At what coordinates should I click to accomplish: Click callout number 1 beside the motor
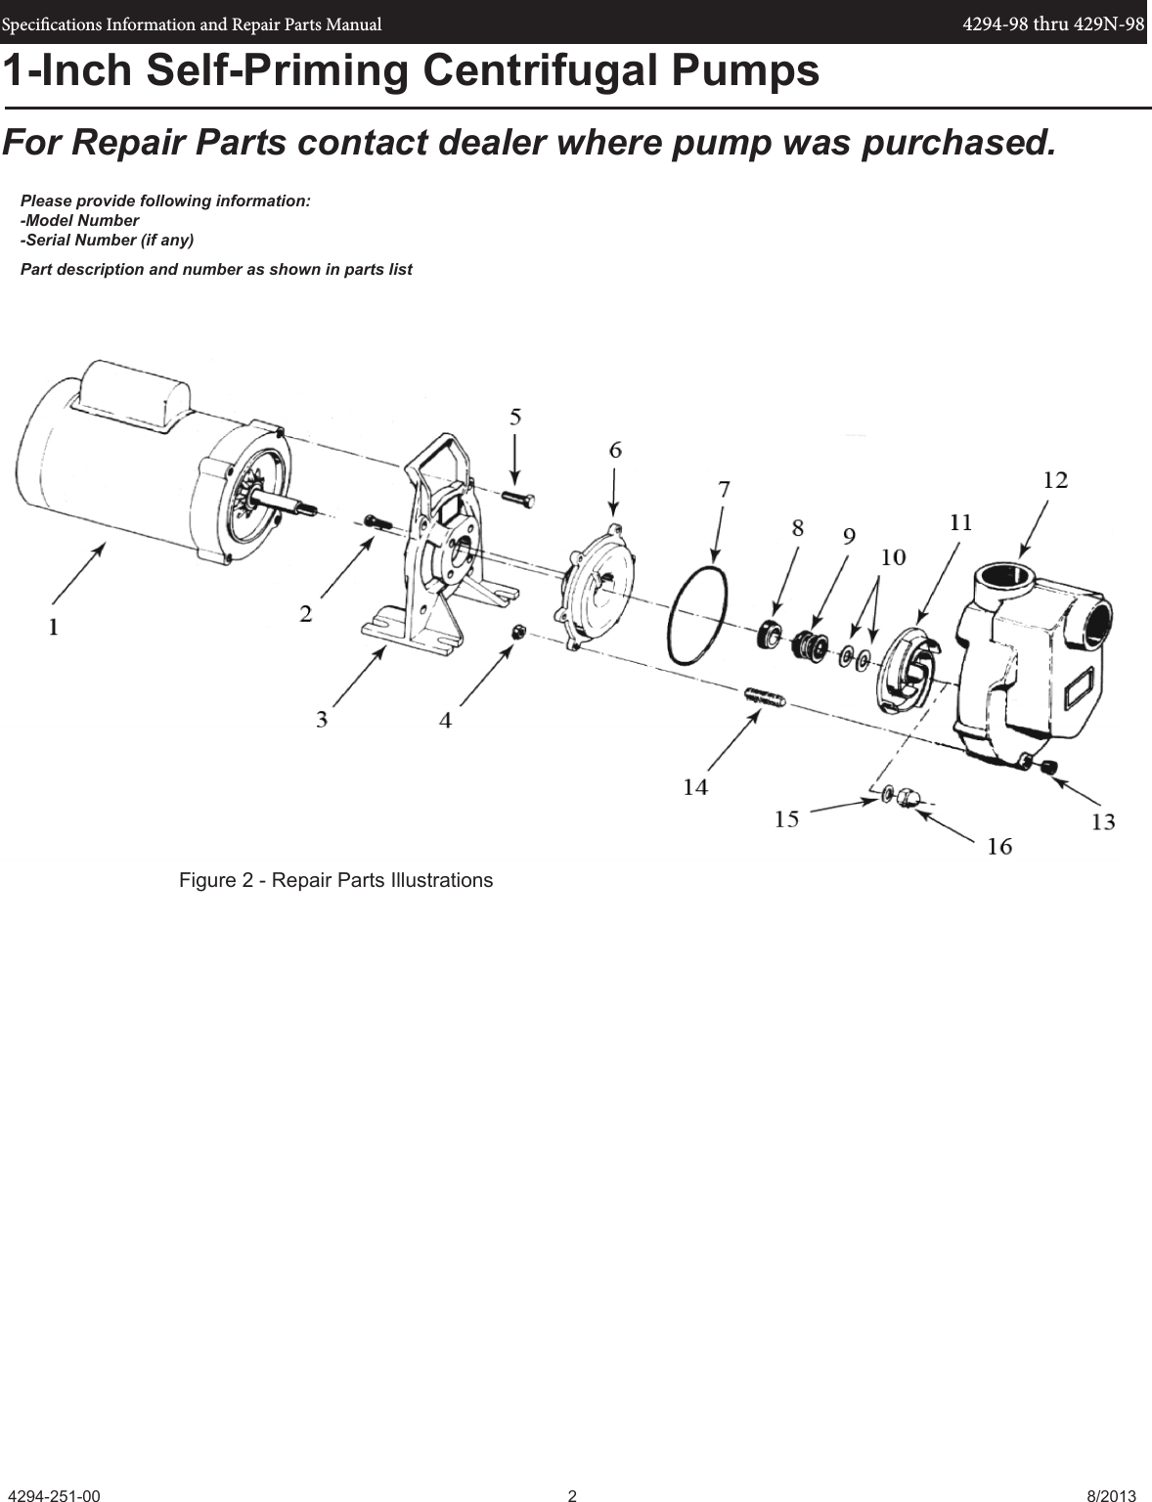54,626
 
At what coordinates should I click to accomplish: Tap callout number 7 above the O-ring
724,490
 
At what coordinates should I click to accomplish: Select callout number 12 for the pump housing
1055,480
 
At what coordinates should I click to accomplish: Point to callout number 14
695,786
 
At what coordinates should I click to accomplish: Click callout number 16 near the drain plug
998,846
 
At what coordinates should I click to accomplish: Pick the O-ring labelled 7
697,614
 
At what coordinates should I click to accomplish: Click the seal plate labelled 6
598,593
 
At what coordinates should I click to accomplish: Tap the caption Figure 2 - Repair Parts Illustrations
335,880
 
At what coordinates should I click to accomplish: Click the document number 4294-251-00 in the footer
54,1496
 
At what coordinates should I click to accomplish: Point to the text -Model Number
80,220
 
